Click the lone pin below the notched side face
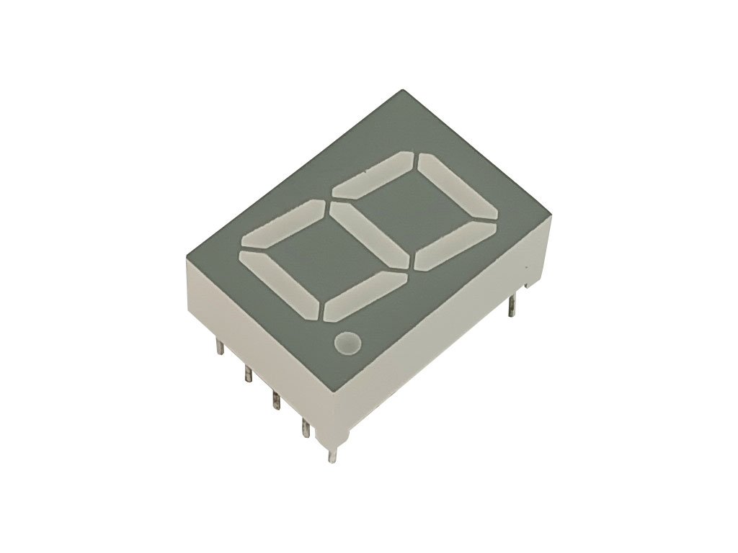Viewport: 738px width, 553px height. [x=511, y=305]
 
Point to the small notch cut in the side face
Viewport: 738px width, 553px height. [x=530, y=284]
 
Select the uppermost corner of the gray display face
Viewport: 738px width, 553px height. [x=401, y=90]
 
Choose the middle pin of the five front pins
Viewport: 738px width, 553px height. [x=275, y=400]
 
